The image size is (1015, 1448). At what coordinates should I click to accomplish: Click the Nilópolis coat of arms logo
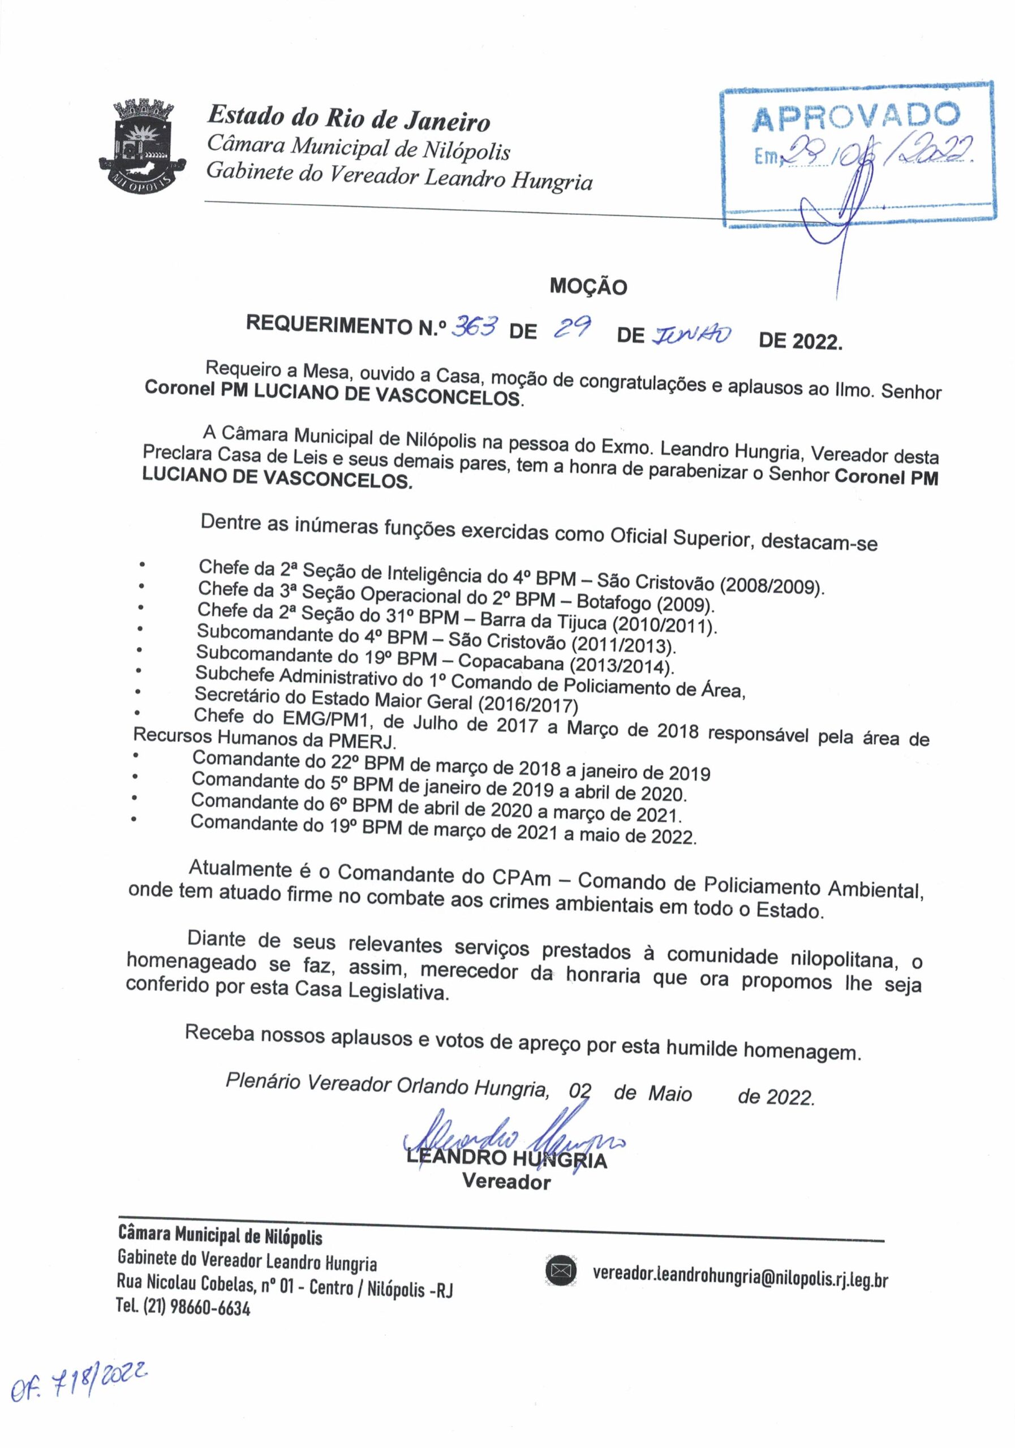coord(143,144)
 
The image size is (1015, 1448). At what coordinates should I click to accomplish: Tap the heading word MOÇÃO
coord(588,287)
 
